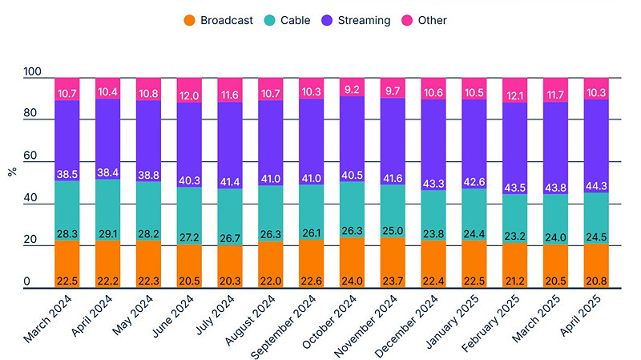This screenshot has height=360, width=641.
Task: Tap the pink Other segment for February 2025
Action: point(515,90)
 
